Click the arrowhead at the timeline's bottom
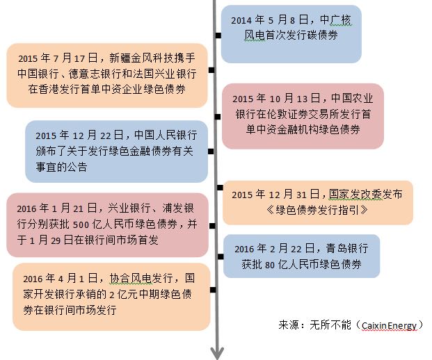click(x=217, y=353)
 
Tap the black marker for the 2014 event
click(x=218, y=35)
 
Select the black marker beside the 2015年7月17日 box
click(x=211, y=70)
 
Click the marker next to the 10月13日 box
click(x=218, y=117)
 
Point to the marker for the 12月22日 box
click(x=211, y=152)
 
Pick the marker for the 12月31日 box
click(x=220, y=188)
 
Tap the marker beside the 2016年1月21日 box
click(x=212, y=226)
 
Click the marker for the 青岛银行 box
click(x=221, y=256)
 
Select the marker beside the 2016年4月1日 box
click(x=213, y=290)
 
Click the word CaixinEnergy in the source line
click(x=389, y=326)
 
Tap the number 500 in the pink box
click(x=81, y=225)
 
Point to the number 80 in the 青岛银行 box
click(x=270, y=265)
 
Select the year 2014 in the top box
click(x=241, y=20)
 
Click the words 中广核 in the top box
click(x=335, y=20)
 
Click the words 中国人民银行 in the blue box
click(x=166, y=135)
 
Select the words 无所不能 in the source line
click(x=330, y=325)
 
